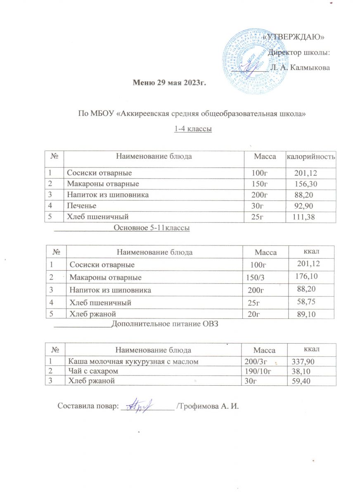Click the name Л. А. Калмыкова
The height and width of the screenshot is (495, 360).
(x=301, y=67)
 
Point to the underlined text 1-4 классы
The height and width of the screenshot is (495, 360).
(x=193, y=129)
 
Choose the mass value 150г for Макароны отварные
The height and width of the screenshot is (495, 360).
(x=260, y=184)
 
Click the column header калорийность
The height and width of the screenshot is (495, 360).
(x=311, y=156)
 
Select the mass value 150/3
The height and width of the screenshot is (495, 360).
(x=255, y=278)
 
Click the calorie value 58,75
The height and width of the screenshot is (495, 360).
(x=309, y=302)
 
